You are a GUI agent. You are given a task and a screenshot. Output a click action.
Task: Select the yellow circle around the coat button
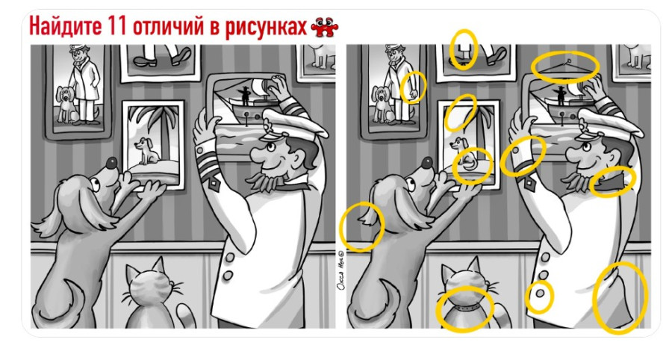point(539,297)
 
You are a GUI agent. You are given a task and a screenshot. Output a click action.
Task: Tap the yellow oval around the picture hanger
point(565,65)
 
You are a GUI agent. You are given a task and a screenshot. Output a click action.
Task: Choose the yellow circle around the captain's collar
point(612,181)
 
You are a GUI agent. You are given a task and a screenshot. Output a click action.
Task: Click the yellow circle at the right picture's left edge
point(361,226)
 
